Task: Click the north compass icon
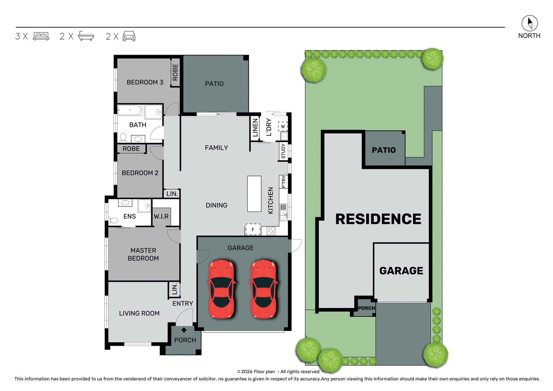click(529, 23)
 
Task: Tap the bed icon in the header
click(41, 36)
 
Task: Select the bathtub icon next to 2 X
click(86, 36)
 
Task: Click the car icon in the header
click(129, 36)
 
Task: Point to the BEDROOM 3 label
click(145, 82)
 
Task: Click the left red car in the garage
click(221, 289)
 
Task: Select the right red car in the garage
click(263, 289)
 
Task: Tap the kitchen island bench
click(254, 194)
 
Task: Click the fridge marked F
click(253, 229)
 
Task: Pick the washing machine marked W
click(283, 126)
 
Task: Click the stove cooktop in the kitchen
click(271, 231)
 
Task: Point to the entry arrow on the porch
click(184, 330)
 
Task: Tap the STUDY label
click(283, 151)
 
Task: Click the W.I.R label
click(161, 217)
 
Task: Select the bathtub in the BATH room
click(130, 110)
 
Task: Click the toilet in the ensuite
click(113, 221)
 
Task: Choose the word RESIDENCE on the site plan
click(378, 219)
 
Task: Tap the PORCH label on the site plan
click(366, 308)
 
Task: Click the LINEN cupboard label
click(255, 128)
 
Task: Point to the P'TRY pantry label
click(284, 182)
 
